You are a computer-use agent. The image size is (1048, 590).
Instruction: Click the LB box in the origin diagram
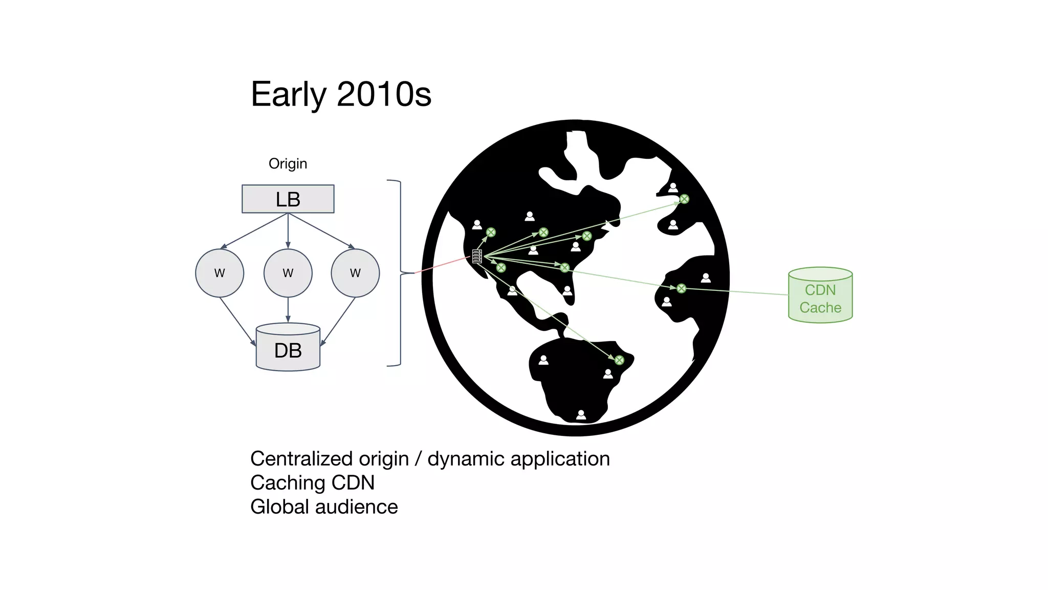click(x=288, y=199)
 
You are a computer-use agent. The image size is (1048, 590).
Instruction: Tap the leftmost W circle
click(x=220, y=273)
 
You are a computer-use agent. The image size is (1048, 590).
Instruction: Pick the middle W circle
click(x=288, y=273)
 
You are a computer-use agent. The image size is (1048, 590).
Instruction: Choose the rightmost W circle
click(x=355, y=273)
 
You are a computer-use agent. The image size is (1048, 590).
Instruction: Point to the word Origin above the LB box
click(x=288, y=164)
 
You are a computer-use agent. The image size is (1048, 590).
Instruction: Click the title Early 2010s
click(x=341, y=94)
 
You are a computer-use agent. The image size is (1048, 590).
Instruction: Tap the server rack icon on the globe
click(x=477, y=256)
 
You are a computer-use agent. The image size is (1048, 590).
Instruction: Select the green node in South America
click(x=619, y=360)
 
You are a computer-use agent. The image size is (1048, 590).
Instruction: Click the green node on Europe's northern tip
click(x=684, y=199)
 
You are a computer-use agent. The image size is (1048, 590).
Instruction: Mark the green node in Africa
click(x=681, y=288)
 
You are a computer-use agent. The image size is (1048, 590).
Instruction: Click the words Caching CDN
click(x=312, y=482)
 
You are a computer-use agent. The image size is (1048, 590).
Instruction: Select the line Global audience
click(x=324, y=507)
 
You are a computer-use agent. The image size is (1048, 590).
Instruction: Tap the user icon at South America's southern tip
click(x=581, y=415)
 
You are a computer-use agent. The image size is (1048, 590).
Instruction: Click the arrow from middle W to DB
click(x=288, y=310)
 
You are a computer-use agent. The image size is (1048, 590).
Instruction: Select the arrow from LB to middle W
click(x=288, y=230)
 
